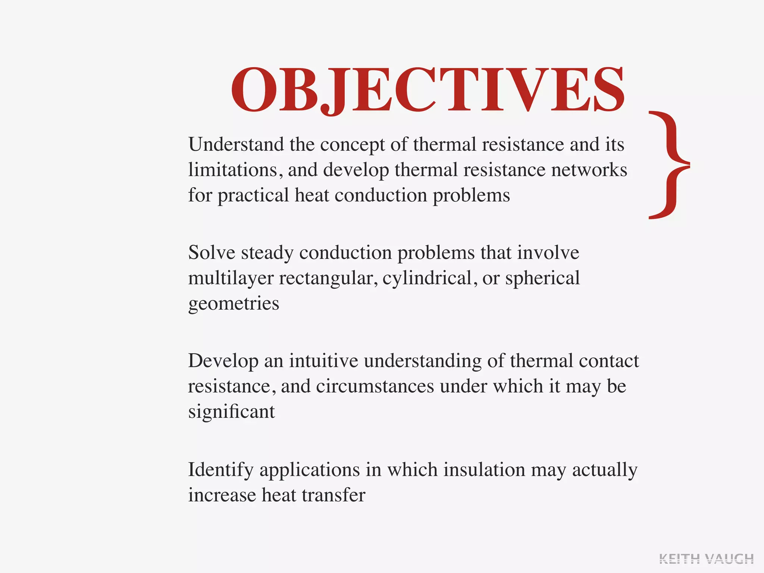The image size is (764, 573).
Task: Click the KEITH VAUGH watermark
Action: [706, 559]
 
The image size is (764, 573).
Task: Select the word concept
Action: [352, 145]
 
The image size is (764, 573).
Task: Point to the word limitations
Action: [232, 170]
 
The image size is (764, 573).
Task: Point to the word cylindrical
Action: [427, 279]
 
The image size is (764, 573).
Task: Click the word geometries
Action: [234, 304]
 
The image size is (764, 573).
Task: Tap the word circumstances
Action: [375, 386]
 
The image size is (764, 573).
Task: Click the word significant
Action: [231, 412]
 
